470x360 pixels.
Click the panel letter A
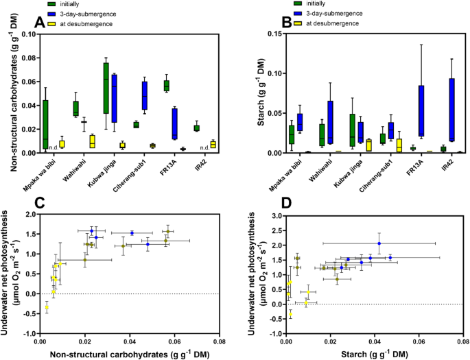coord(40,23)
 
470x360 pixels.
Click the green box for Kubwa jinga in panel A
coord(106,88)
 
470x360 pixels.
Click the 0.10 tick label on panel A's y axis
coord(27,34)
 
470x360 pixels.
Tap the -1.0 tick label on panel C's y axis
coord(28,333)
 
